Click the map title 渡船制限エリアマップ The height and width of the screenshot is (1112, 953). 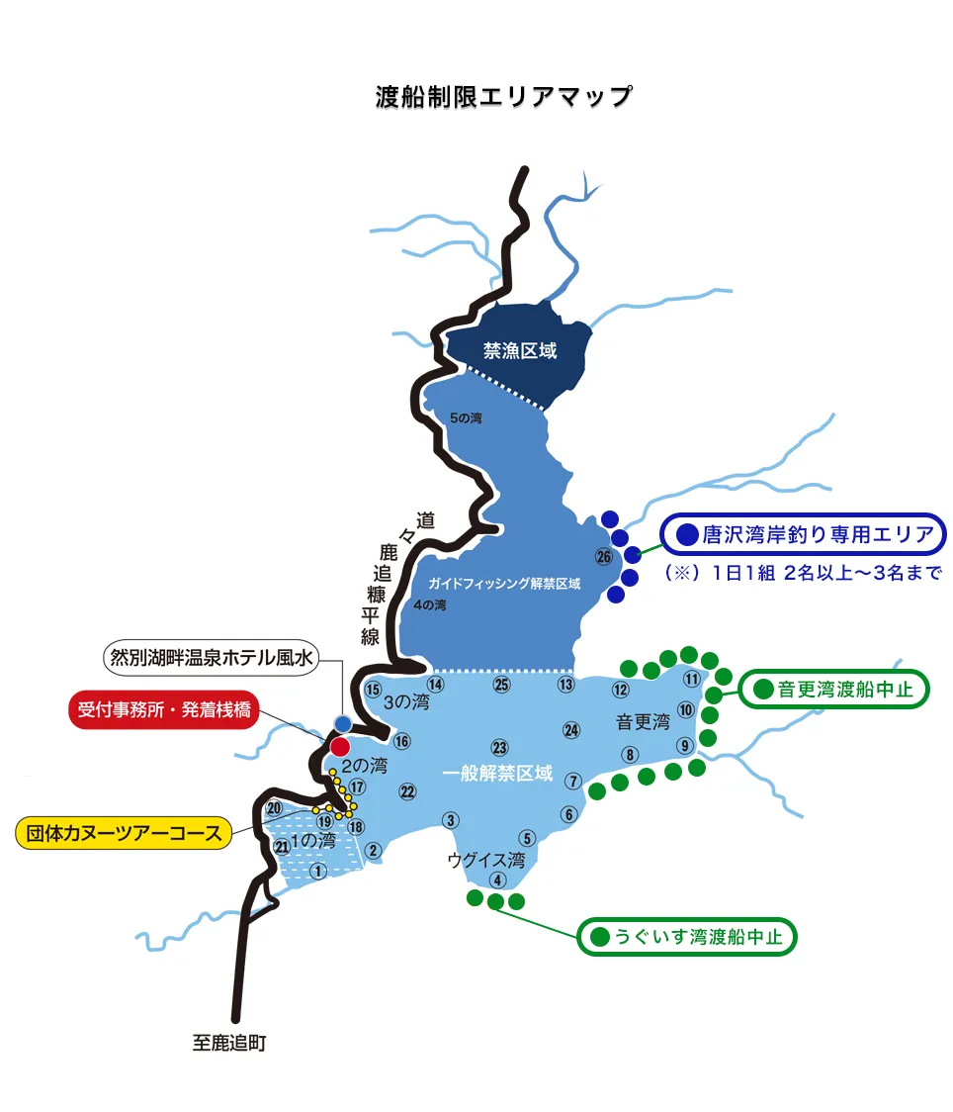pyautogui.click(x=503, y=97)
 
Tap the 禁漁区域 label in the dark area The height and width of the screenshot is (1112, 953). pyautogui.click(x=520, y=351)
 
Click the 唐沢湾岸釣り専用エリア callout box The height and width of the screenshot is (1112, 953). pyautogui.click(x=804, y=535)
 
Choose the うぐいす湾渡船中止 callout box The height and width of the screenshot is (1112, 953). pyautogui.click(x=686, y=936)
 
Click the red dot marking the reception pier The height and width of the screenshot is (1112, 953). pyautogui.click(x=340, y=747)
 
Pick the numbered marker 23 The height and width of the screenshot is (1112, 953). pyautogui.click(x=499, y=748)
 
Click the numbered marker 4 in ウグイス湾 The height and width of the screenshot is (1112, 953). pyautogui.click(x=497, y=880)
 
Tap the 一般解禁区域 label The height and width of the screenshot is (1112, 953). pyautogui.click(x=504, y=774)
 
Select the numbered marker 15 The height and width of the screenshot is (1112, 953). pyautogui.click(x=373, y=690)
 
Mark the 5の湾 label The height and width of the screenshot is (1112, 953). pyautogui.click(x=465, y=418)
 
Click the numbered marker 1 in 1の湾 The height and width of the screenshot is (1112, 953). pyautogui.click(x=317, y=871)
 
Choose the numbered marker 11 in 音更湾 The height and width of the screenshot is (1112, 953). pyautogui.click(x=692, y=679)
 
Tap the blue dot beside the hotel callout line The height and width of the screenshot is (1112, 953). pyautogui.click(x=343, y=723)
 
